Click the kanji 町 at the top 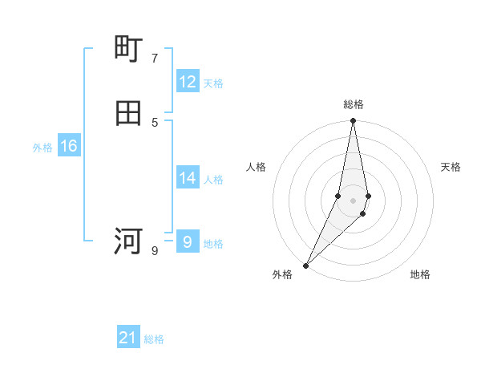129,49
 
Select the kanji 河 129,241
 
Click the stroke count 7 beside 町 155,58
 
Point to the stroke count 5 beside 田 155,122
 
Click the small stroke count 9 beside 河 155,251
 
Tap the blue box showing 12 188,82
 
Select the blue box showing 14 188,178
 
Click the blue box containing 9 188,241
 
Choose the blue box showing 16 69,146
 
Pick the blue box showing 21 128,338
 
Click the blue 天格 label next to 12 213,83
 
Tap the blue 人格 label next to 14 213,180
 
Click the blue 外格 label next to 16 42,148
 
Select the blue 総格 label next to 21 154,339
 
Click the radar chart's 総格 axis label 354,104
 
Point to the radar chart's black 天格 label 451,167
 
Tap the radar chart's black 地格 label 420,274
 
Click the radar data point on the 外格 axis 305,265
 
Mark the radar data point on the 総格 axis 353,121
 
